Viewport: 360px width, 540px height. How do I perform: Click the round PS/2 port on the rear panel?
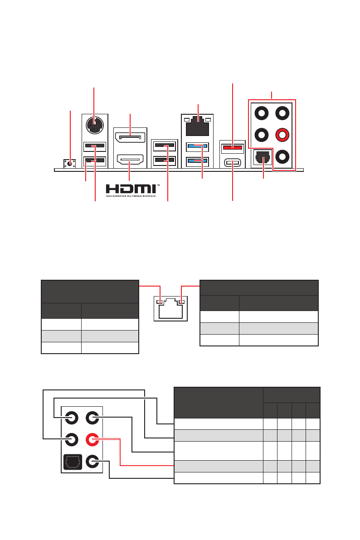[94, 125]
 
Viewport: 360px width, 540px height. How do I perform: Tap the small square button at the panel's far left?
[69, 163]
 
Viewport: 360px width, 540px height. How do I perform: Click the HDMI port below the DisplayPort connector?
[130, 160]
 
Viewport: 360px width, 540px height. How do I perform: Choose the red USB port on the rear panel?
[233, 147]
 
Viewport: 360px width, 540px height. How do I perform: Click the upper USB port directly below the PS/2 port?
[95, 146]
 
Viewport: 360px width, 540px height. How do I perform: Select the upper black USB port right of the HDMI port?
[164, 146]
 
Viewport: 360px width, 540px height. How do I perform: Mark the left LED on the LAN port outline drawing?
[159, 302]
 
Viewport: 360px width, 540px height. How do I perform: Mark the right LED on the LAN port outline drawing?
[182, 302]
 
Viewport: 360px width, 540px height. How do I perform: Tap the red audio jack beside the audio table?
[92, 439]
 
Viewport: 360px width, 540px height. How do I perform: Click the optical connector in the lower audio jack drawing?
[71, 462]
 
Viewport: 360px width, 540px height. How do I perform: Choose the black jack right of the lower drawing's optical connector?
[92, 462]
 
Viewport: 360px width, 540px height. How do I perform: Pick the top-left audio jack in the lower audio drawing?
[71, 417]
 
